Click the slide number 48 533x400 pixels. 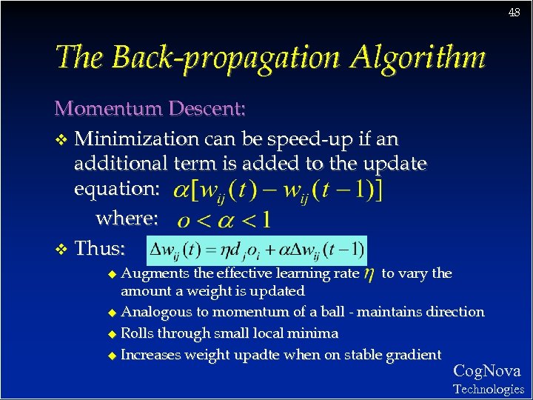[x=514, y=13]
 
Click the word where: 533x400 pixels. [x=127, y=219]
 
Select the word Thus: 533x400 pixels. [x=101, y=248]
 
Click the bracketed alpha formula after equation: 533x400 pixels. [x=278, y=191]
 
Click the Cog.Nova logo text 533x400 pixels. [x=486, y=371]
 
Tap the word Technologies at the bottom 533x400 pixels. [x=488, y=389]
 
